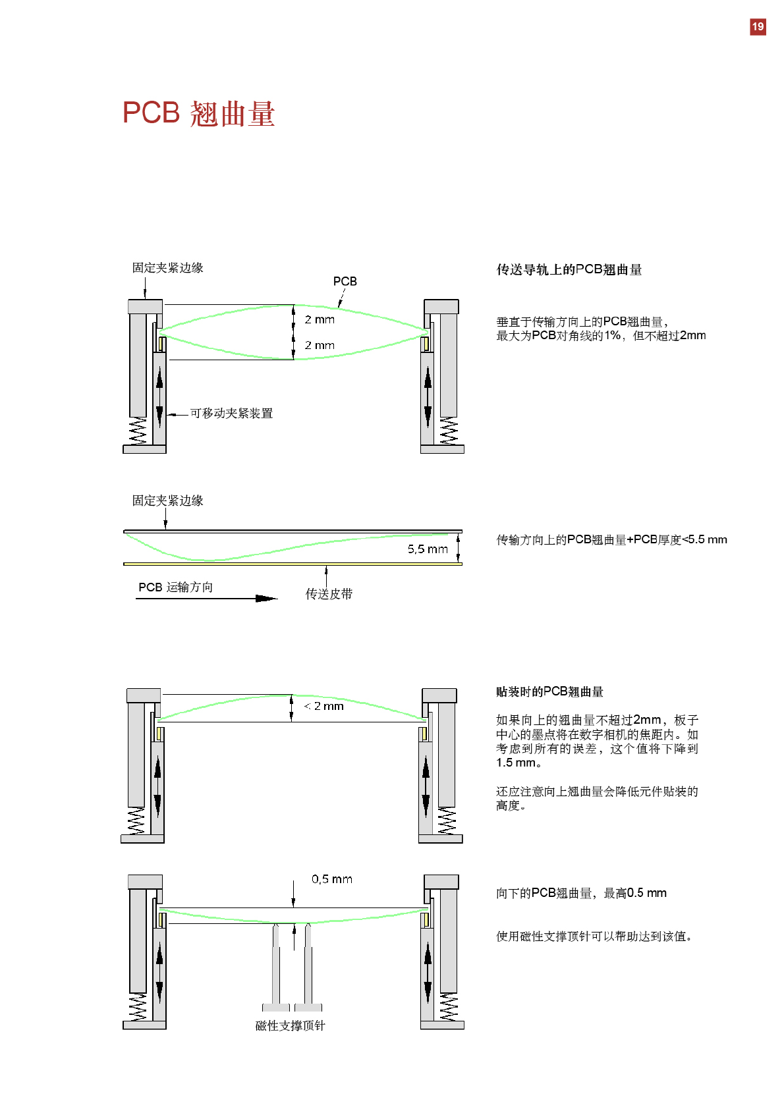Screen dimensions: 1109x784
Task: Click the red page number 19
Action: (x=758, y=27)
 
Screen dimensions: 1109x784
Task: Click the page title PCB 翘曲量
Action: (x=198, y=113)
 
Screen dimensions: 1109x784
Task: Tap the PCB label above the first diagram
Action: (x=345, y=281)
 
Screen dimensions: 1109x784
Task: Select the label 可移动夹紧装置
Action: (x=231, y=414)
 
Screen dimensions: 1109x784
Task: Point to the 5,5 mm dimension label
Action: (x=427, y=549)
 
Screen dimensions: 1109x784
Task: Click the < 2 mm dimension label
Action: (x=324, y=706)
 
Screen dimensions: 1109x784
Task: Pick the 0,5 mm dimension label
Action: (x=331, y=879)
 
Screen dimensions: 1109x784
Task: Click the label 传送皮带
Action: (x=329, y=594)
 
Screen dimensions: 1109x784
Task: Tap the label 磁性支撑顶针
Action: (x=290, y=1025)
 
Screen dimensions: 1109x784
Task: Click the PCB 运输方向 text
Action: (x=175, y=587)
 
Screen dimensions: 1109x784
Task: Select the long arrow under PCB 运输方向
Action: (x=206, y=599)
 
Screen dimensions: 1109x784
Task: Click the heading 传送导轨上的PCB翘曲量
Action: (x=569, y=269)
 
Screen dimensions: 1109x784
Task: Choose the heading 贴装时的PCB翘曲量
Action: (x=549, y=691)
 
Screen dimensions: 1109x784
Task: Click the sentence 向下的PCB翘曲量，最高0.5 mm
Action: (x=581, y=893)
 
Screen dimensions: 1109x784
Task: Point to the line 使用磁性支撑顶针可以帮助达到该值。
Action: (x=594, y=936)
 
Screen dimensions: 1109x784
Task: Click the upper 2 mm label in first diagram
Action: (x=320, y=319)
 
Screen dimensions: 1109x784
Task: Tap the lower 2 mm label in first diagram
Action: (x=320, y=345)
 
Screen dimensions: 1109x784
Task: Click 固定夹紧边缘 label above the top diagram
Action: (x=167, y=268)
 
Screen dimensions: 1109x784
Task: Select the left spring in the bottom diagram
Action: (x=138, y=1008)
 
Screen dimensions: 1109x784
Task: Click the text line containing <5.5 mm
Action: (x=611, y=539)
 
